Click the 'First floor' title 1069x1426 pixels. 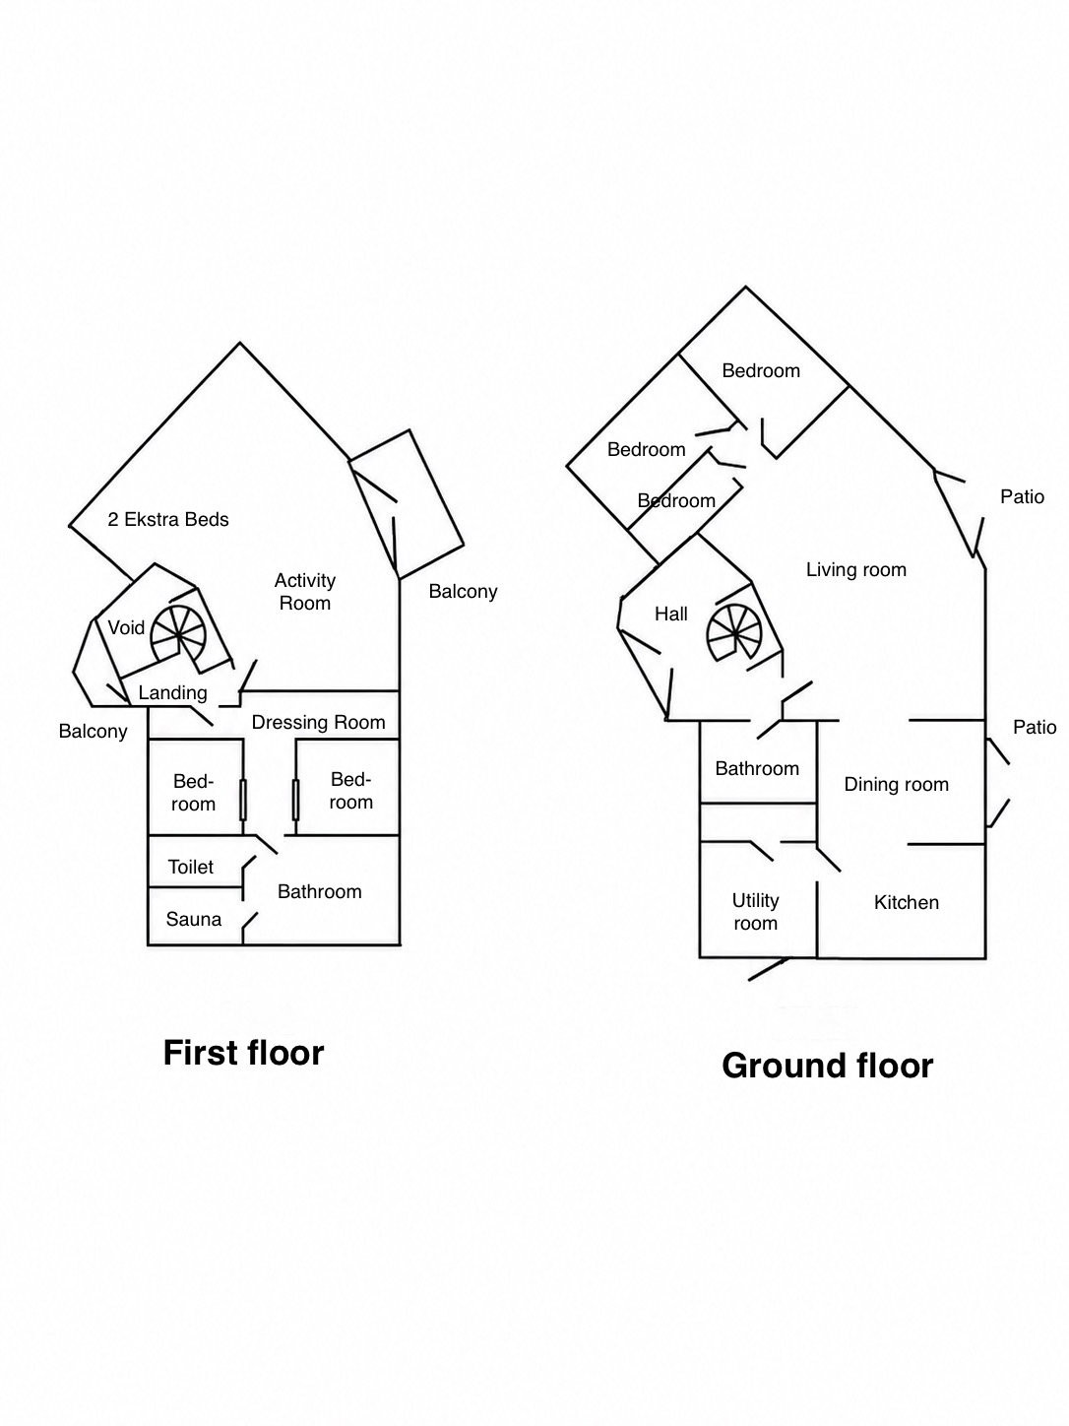(243, 1053)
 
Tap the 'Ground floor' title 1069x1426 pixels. (828, 1067)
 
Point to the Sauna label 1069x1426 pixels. (193, 919)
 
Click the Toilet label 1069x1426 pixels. (190, 867)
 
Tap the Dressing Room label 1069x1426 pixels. (318, 723)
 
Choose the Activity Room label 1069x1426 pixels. (304, 592)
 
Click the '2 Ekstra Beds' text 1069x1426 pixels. (168, 520)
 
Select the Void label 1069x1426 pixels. (126, 627)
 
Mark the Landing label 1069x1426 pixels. (172, 693)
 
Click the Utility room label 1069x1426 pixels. (756, 912)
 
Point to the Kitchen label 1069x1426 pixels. (906, 902)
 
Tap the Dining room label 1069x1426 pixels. (897, 784)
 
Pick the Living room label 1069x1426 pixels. (856, 570)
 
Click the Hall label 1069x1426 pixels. (670, 614)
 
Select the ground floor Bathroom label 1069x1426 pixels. (757, 768)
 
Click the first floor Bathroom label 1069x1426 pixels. (319, 891)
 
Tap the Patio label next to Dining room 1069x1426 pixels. (1035, 727)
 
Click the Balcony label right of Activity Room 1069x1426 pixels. (463, 592)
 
